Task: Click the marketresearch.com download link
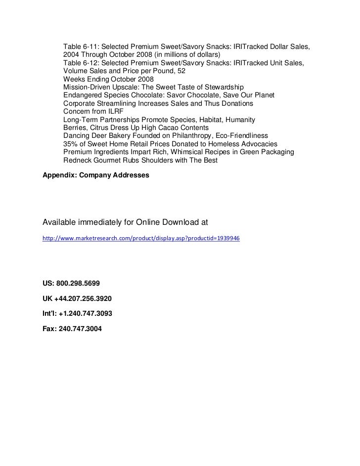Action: coord(141,238)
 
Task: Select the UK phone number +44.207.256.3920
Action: coord(81,299)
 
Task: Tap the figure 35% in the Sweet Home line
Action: coord(71,144)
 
